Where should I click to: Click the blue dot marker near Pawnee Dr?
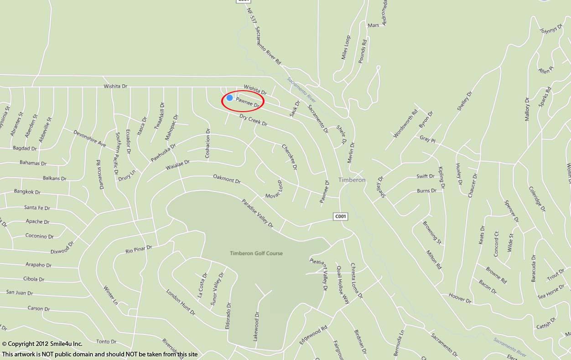pos(230,98)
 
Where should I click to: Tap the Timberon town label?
pos(352,180)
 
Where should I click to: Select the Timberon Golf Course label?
pos(256,253)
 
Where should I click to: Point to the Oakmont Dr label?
pos(227,179)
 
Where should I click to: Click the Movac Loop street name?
pos(274,190)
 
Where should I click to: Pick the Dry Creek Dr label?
pos(254,120)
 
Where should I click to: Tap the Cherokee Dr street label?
pos(290,157)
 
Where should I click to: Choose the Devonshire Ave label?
pos(89,139)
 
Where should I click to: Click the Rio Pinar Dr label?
pos(139,249)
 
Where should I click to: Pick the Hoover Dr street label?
pos(460,298)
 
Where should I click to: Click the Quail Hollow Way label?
pos(343,285)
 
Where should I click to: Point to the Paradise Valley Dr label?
pos(257,213)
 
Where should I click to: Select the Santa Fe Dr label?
pos(37,208)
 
